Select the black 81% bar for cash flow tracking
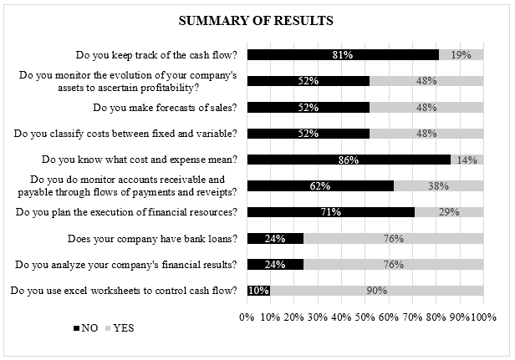tap(343, 55)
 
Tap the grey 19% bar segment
tap(461, 55)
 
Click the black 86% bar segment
tap(349, 160)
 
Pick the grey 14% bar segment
tap(467, 160)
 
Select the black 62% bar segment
tap(320, 186)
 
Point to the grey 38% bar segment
tap(438, 186)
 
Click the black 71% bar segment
tap(331, 212)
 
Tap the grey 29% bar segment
tap(449, 212)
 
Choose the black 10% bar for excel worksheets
tap(259, 291)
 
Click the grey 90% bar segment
tap(377, 291)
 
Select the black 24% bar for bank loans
tap(275, 239)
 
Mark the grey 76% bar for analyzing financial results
tap(393, 265)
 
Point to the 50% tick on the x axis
tap(365, 317)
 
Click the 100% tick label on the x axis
tap(482, 317)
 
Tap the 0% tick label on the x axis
tap(247, 317)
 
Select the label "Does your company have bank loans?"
tap(152, 239)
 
